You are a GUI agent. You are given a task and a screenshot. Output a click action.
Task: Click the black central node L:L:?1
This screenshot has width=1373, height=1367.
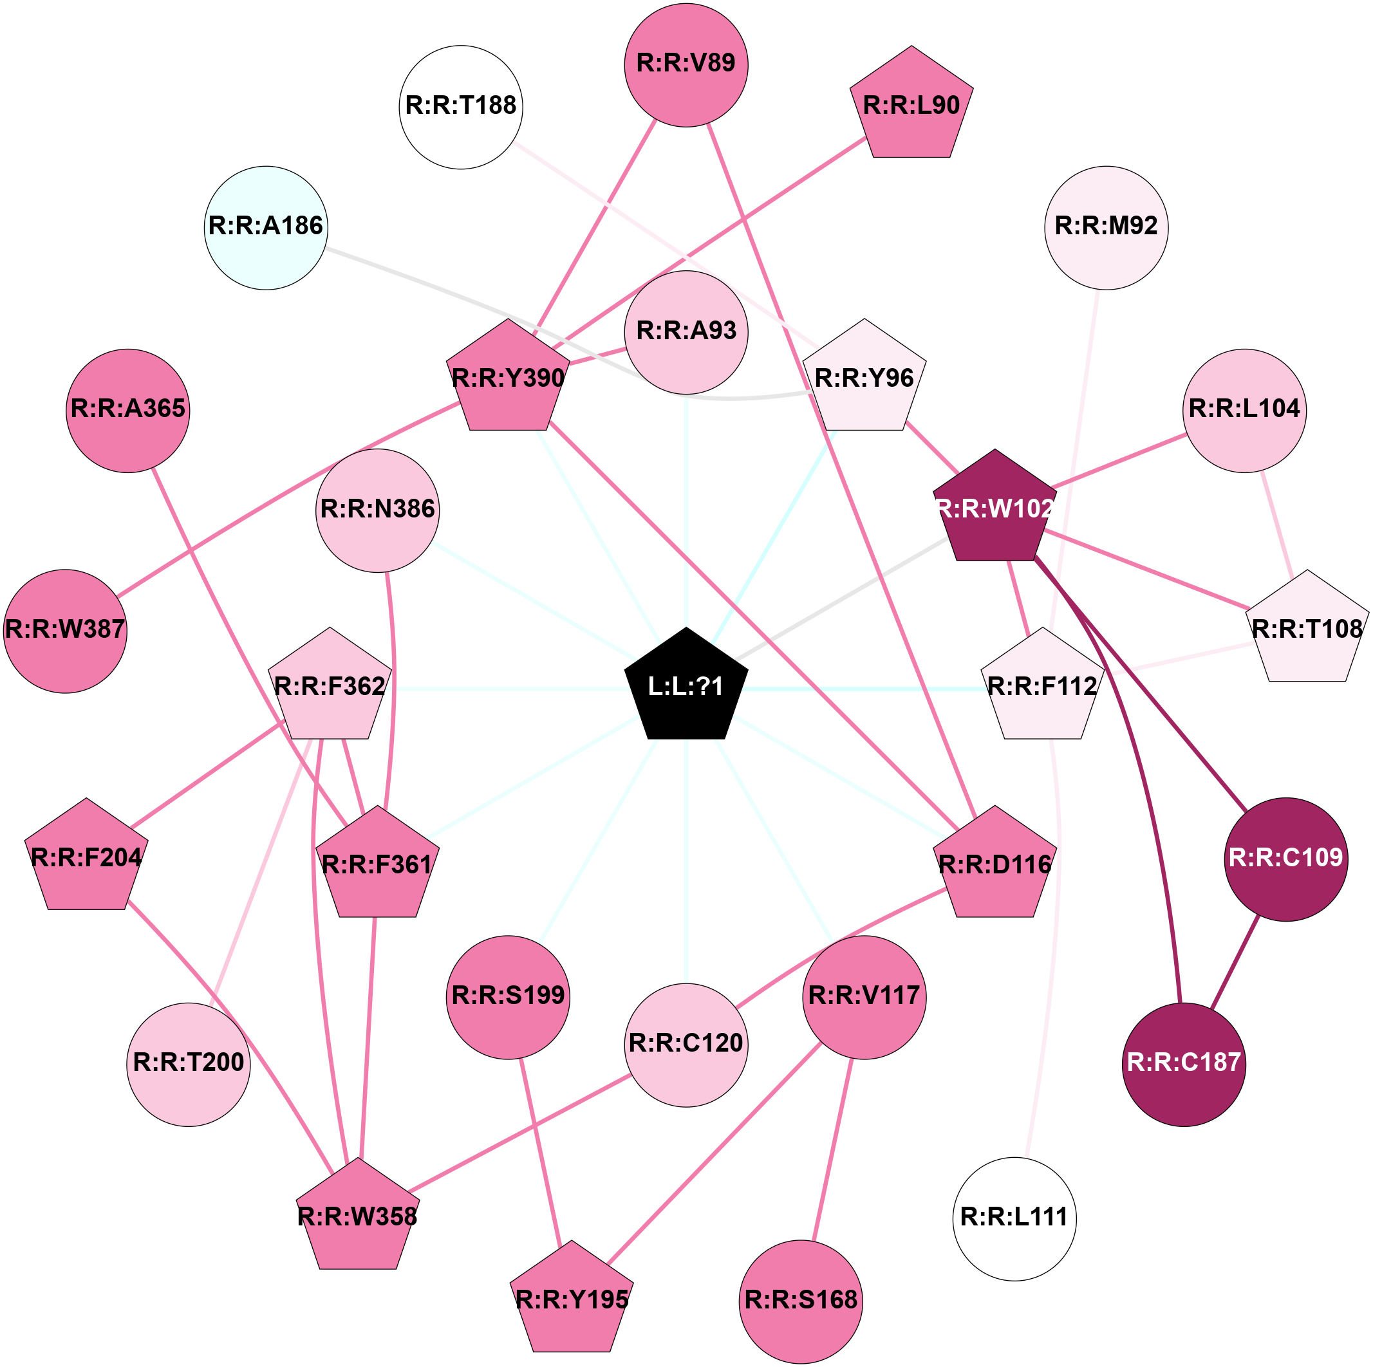[x=686, y=686]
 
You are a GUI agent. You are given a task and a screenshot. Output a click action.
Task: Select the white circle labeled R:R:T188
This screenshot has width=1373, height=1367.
[x=462, y=107]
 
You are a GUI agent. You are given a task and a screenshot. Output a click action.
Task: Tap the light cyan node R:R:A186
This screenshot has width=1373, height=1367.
[x=266, y=227]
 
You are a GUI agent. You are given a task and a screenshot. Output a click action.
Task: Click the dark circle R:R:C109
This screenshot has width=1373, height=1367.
[x=1285, y=859]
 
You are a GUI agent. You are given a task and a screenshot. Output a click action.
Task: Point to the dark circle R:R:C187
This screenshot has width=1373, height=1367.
[x=1183, y=1063]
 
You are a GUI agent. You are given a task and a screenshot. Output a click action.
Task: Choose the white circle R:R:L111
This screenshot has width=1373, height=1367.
[x=1014, y=1218]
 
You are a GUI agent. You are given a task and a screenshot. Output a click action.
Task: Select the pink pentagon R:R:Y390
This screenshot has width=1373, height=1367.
[x=508, y=378]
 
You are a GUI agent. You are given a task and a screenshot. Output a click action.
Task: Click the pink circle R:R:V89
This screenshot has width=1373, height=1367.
[x=686, y=64]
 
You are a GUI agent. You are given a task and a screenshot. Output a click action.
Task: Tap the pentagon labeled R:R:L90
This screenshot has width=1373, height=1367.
[x=911, y=106]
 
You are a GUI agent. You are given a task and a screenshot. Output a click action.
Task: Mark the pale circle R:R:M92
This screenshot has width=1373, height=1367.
[x=1106, y=227]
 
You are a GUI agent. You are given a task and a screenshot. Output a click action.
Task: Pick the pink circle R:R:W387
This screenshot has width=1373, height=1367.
[x=66, y=630]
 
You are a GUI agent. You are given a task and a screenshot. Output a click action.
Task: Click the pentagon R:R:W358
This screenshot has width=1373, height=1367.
[x=357, y=1216]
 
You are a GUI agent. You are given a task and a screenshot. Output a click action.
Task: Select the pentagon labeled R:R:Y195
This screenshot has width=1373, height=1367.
[x=572, y=1299]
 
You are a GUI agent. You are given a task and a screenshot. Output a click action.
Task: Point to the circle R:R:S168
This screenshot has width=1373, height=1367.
[x=800, y=1301]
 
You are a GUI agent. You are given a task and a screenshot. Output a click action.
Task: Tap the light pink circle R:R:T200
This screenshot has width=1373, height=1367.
[x=189, y=1064]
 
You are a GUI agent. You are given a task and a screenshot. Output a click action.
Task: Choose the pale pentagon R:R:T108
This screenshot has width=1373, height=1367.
[x=1306, y=629]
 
